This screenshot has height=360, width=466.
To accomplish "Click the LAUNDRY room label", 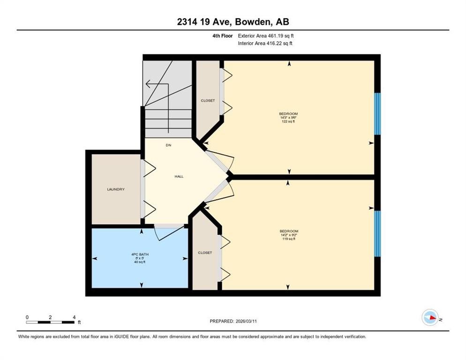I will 115,189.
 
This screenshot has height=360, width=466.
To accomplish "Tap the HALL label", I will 179,177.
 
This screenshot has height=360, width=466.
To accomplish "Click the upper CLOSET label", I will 208,100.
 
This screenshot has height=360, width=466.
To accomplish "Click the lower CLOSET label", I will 205,253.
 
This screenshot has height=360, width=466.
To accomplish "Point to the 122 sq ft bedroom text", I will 288,122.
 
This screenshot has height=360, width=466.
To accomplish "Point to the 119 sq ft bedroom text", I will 289,239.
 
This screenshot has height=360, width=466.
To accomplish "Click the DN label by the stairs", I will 168,145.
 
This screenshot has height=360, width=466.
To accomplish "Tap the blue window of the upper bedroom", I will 377,114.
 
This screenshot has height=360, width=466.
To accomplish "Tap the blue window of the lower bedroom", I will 377,233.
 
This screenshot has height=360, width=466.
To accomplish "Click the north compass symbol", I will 430,318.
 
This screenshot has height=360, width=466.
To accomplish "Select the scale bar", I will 51,322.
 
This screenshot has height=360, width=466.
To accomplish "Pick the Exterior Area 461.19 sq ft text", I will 266,36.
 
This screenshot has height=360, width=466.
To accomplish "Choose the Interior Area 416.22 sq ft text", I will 266,44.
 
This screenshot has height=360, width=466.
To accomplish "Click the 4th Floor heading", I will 222,36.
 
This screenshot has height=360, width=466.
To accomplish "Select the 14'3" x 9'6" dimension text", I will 288,118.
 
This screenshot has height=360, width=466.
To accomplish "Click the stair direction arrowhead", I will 148,84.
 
